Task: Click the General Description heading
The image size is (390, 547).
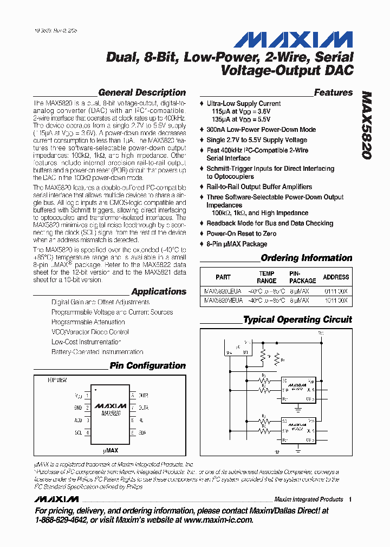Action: [142, 92]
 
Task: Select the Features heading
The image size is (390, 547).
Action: [333, 92]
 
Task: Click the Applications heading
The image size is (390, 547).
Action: [159, 291]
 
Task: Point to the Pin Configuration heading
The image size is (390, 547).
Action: [147, 365]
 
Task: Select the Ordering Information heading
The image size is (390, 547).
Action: [307, 258]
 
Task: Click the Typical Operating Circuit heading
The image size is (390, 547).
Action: [297, 319]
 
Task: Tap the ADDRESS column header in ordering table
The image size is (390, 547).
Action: [336, 277]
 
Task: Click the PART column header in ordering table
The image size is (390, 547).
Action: [223, 277]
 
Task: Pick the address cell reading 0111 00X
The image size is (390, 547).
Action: [336, 291]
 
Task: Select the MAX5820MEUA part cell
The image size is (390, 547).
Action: [223, 300]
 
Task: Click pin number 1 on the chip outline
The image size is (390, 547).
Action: [87, 396]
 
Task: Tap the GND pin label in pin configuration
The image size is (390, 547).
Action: [78, 408]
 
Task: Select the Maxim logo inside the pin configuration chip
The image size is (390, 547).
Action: [110, 405]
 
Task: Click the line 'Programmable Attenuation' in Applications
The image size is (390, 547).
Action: [88, 322]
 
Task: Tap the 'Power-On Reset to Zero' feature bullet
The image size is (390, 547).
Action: [241, 234]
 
